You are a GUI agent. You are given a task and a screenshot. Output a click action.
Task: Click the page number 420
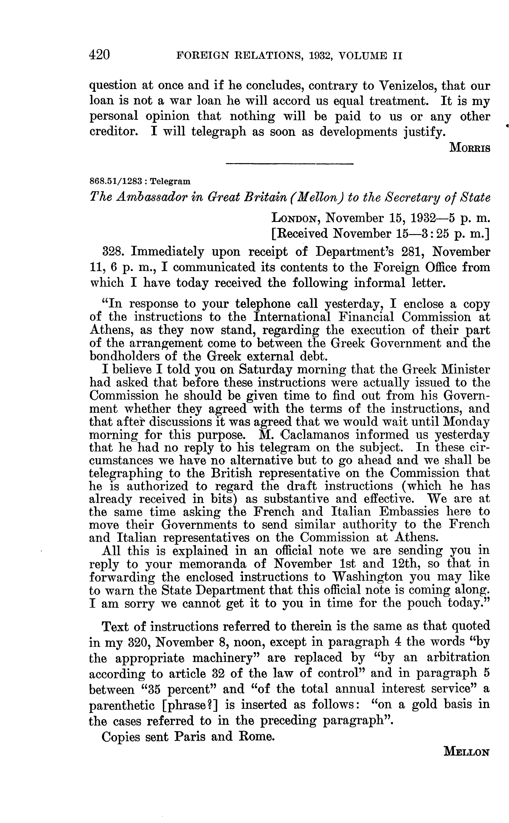[100, 55]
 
